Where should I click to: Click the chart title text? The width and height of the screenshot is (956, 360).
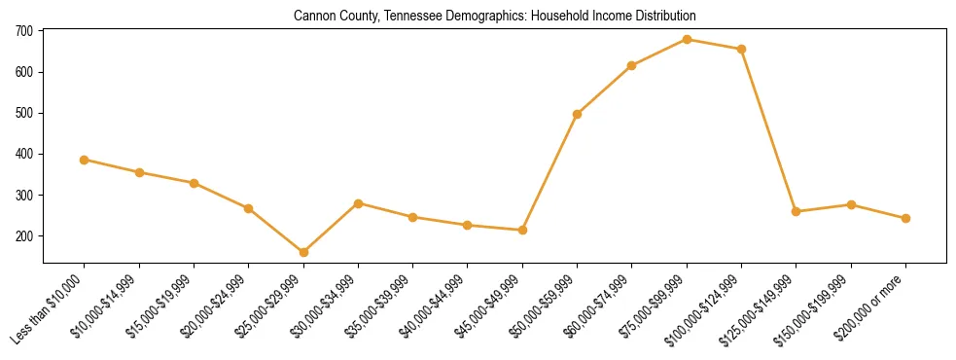[x=494, y=17]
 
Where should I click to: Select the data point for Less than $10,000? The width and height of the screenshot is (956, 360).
[x=85, y=160]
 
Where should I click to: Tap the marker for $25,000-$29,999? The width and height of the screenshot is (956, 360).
[x=303, y=252]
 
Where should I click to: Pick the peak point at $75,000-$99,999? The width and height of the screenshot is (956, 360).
[x=687, y=40]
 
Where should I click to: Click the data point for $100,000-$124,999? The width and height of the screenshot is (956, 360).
[x=742, y=49]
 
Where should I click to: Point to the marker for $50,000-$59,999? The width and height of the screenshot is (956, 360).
[x=578, y=114]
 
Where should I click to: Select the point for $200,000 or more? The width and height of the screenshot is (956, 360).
[x=905, y=218]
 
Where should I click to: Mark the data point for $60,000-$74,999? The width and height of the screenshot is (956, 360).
[x=632, y=65]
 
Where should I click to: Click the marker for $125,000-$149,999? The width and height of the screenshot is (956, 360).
[x=797, y=211]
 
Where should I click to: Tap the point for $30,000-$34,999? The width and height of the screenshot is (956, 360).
[x=358, y=203]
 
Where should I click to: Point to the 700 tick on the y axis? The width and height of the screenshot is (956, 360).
[x=24, y=31]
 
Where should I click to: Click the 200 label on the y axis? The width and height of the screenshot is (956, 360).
[x=24, y=236]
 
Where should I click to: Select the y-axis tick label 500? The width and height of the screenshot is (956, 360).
[x=24, y=113]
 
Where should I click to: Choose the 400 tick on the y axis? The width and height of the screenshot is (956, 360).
[x=24, y=154]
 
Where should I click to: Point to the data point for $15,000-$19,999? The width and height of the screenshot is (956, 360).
[x=195, y=183]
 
